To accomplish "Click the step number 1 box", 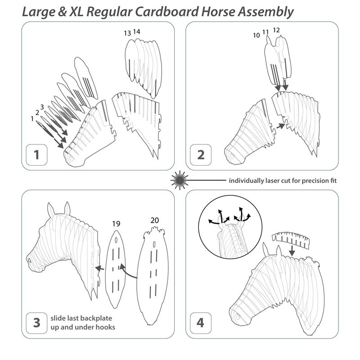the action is point(36,155).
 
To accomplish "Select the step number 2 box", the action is point(201,155).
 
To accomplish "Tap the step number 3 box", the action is point(36,323).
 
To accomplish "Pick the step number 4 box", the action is point(201,323).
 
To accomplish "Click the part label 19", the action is point(116,224).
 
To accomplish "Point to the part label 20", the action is point(155,220).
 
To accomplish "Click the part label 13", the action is point(127,33).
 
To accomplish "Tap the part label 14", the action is point(137,31).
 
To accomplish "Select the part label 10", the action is point(256,36).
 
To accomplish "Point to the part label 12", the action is point(276,30).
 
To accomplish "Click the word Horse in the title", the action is point(218,12).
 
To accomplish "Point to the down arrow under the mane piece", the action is point(292,251).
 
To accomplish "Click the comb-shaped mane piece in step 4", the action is point(291,240).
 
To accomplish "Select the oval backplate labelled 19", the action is point(116,269).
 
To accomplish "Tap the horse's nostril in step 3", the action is point(29,261).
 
